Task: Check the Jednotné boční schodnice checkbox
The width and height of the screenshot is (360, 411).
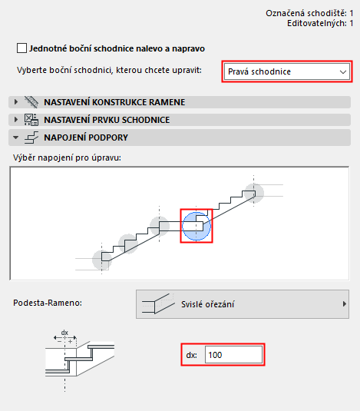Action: (21, 48)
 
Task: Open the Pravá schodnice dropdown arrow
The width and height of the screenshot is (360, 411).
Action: (342, 71)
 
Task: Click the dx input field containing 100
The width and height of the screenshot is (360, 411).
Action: (233, 355)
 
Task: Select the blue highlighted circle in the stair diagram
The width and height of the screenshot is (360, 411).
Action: (196, 226)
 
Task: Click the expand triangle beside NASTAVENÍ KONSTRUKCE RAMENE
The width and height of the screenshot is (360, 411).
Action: (15, 101)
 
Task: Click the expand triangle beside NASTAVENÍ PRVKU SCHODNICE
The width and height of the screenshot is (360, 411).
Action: (15, 119)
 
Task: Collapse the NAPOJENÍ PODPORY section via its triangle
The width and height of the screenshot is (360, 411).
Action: (15, 138)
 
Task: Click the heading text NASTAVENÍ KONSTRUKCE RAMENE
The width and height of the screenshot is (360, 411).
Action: (114, 101)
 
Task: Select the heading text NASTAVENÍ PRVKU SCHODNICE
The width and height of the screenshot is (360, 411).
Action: (107, 119)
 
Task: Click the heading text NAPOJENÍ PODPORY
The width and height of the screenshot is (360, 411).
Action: (85, 138)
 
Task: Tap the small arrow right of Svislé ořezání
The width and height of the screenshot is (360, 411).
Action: (344, 304)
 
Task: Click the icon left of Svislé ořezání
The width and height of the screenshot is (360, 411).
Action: (160, 304)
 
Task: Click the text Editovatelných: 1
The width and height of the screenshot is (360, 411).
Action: (319, 23)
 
